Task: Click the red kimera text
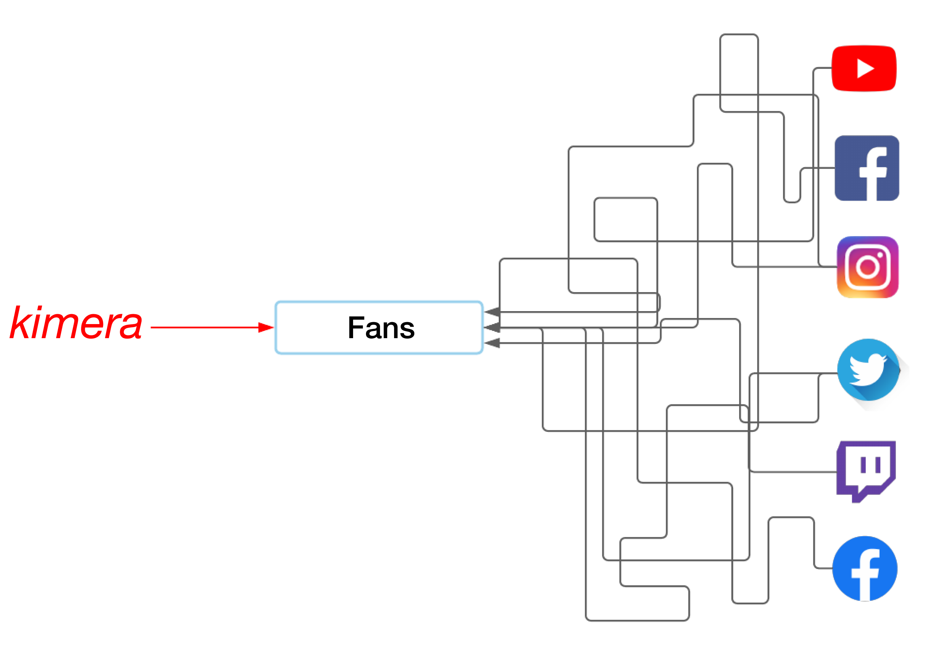click(x=76, y=324)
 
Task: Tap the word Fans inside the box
click(x=381, y=328)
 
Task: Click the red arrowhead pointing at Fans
click(x=266, y=327)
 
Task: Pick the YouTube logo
click(x=864, y=68)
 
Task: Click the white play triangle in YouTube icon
click(x=865, y=69)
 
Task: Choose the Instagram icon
click(x=867, y=267)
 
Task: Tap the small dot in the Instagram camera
click(x=880, y=255)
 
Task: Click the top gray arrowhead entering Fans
click(x=492, y=312)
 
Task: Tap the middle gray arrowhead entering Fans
click(x=492, y=327)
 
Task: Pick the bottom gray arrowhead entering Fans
click(x=492, y=343)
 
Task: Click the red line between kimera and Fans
click(x=205, y=327)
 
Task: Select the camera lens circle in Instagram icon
click(x=867, y=268)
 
